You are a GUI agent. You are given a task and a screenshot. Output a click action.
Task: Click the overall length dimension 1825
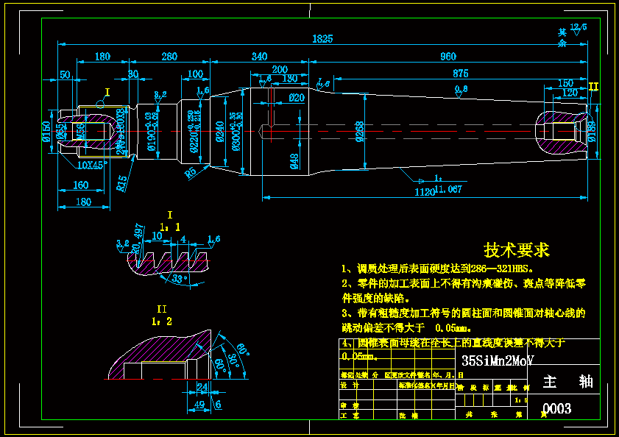[x=322, y=38]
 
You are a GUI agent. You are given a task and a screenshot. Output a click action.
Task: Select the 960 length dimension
[x=448, y=57]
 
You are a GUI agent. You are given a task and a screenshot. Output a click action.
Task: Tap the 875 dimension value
[x=461, y=73]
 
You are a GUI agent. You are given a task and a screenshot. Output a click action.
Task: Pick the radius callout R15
[x=122, y=180]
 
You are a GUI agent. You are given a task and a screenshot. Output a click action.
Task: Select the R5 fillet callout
[x=191, y=173]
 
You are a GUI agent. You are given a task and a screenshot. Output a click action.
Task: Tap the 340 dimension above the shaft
[x=259, y=57]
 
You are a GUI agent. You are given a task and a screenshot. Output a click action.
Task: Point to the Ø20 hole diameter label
[x=296, y=97]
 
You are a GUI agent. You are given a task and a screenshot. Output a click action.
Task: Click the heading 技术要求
[x=516, y=250]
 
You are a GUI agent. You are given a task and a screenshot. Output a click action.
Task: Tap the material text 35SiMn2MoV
[x=497, y=361]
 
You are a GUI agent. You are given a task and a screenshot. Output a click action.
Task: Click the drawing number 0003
[x=556, y=408]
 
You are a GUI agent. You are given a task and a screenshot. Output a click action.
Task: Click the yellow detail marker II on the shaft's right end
[x=593, y=87]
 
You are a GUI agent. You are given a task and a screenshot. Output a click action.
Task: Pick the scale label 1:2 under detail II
[x=162, y=321]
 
